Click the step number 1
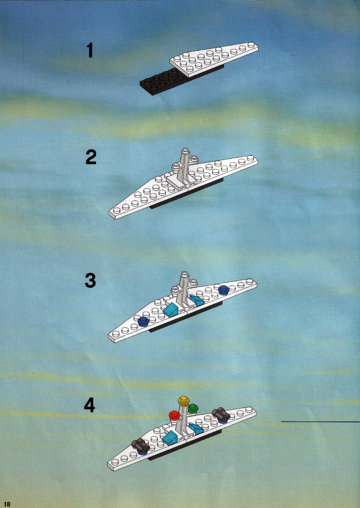(90, 50)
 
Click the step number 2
(91, 157)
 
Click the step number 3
(90, 280)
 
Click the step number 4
(89, 405)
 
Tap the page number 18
(7, 504)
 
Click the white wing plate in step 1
(214, 58)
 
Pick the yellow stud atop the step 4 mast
(184, 401)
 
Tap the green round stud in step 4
(193, 408)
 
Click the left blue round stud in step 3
(143, 321)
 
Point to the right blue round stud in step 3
(224, 289)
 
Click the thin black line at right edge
(321, 422)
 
